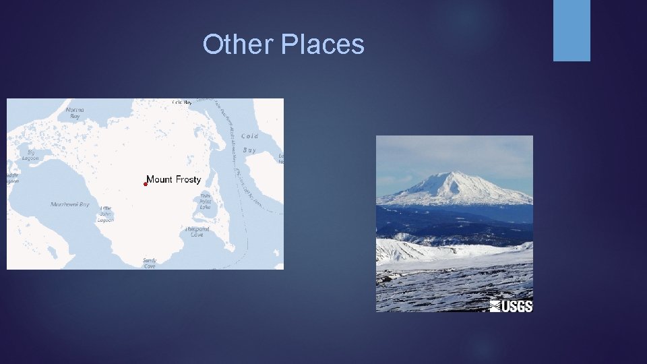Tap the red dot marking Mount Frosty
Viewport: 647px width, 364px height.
[x=145, y=183]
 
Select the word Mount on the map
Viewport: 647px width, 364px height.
[x=160, y=179]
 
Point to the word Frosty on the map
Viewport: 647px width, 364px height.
[x=188, y=179]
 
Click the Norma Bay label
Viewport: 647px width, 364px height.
[x=75, y=113]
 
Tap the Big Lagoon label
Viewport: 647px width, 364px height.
[x=30, y=155]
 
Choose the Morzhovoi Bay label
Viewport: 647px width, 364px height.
[x=70, y=204]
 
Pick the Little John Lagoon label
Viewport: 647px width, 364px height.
[x=106, y=214]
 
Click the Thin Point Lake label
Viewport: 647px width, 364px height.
[x=206, y=202]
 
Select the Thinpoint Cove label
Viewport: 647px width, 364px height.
[x=197, y=232]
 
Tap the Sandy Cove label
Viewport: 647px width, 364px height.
[x=150, y=263]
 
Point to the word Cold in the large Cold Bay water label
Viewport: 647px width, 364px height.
[x=249, y=135]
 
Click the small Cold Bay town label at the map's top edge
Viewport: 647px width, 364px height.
[x=182, y=102]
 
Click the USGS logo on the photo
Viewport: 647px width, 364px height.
[x=512, y=306]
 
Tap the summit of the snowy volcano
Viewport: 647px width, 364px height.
[x=459, y=174]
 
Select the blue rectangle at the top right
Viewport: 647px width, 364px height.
[x=572, y=30]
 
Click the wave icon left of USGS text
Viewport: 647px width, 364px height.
[x=495, y=306]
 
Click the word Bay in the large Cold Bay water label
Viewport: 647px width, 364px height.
[x=249, y=150]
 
